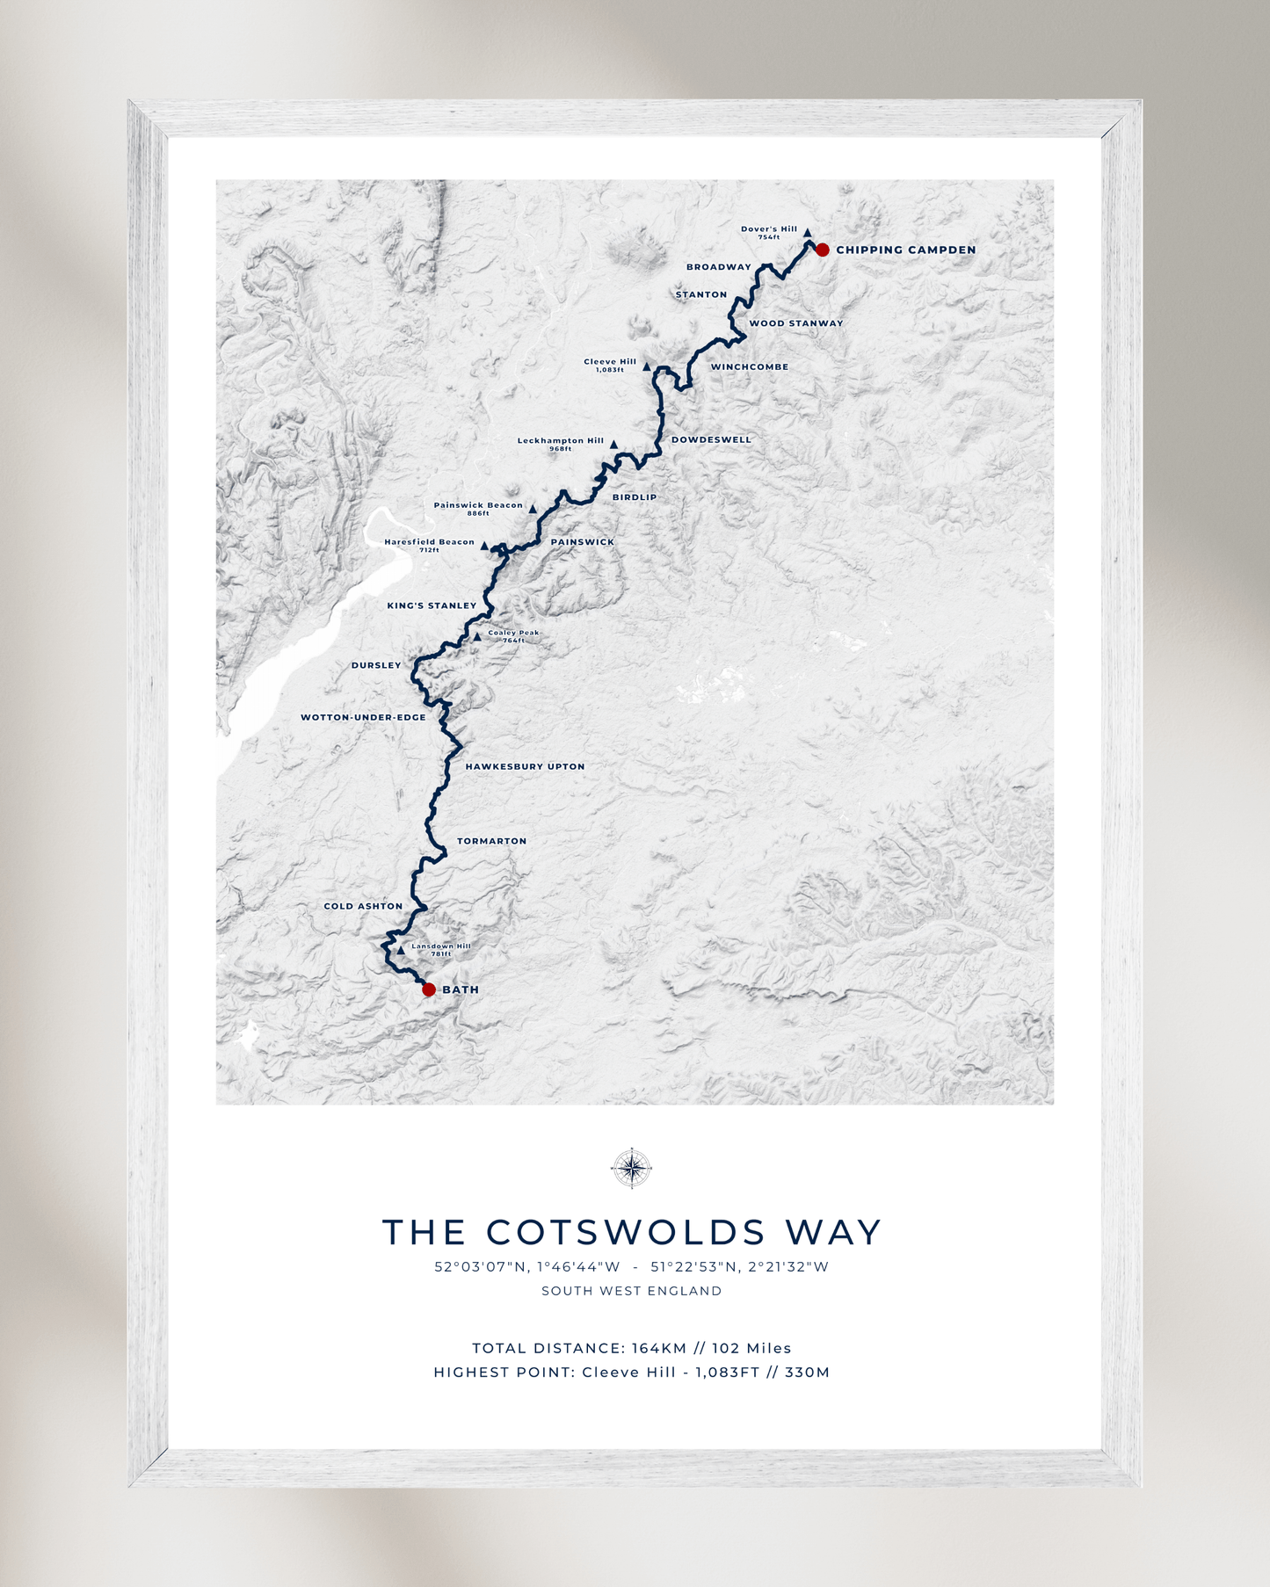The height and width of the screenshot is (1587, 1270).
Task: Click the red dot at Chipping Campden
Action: coord(822,250)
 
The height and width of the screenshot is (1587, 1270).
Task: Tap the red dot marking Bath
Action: coord(429,989)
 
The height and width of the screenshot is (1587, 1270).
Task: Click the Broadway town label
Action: coord(718,267)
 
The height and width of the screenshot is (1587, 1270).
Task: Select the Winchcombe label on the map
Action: coord(749,367)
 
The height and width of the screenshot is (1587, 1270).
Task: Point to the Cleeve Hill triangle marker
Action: coord(647,367)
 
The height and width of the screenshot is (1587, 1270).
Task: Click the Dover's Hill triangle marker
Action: coord(807,233)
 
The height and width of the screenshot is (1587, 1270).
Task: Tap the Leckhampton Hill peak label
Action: coord(561,441)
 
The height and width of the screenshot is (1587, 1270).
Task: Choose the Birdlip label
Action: coord(635,497)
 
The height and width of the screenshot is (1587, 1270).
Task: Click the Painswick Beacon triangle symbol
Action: coord(533,509)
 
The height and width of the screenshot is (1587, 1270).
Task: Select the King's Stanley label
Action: coord(432,605)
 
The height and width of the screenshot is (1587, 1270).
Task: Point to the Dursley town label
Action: coord(376,665)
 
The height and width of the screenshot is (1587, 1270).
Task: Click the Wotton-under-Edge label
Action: coord(363,717)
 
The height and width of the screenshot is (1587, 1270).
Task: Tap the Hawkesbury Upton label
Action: coord(525,766)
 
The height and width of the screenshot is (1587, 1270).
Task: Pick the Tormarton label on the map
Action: coord(491,841)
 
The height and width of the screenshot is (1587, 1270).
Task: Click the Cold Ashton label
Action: coord(363,906)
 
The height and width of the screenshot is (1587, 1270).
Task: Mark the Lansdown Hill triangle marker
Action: coord(401,950)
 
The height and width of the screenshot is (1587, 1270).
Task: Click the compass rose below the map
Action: coord(631,1168)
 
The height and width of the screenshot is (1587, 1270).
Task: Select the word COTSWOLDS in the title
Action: coord(626,1232)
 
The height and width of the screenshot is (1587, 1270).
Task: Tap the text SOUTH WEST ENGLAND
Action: coord(631,1291)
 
